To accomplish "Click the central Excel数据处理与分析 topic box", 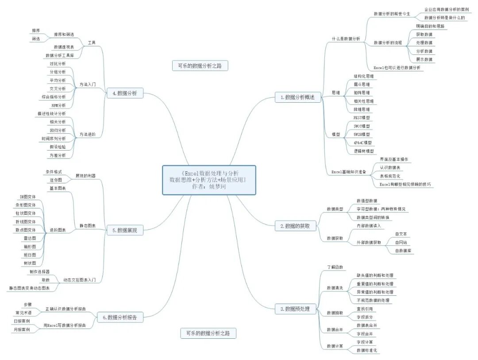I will [209, 180].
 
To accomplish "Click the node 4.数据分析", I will [124, 93].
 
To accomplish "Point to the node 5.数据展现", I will [124, 230].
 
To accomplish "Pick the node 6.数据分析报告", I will [119, 317].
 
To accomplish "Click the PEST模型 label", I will [362, 118].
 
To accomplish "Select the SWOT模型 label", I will [362, 126].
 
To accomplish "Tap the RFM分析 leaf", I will [58, 105].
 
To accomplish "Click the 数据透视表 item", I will [64, 47].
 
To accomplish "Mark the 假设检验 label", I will [58, 147].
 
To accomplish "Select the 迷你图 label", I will [55, 180].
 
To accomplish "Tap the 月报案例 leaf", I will [22, 330].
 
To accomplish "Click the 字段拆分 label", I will [364, 317].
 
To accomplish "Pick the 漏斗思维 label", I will [362, 85].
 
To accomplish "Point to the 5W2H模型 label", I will [362, 134].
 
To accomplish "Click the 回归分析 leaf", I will [58, 130].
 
